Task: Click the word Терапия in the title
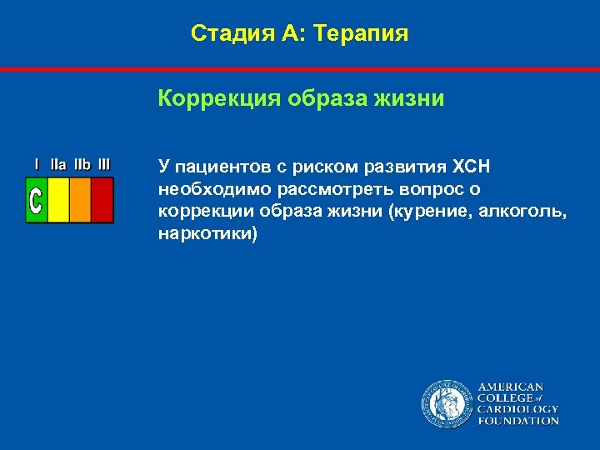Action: click(362, 34)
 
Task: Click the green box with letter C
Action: click(36, 200)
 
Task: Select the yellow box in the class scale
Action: click(58, 200)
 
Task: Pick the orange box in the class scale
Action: click(80, 200)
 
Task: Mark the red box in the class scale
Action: click(102, 200)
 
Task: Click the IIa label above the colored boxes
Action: click(58, 165)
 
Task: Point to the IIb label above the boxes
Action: click(82, 165)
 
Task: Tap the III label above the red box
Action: click(104, 165)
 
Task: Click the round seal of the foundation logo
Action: click(447, 403)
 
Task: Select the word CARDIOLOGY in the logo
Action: click(517, 409)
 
